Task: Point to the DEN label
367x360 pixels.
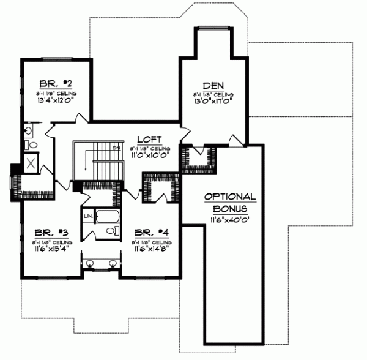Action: (x=212, y=86)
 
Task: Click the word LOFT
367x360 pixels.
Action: (x=149, y=138)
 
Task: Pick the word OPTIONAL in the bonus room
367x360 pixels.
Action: (x=229, y=197)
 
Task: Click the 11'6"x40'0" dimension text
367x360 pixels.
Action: (x=229, y=219)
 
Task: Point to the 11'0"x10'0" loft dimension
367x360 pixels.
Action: (x=149, y=155)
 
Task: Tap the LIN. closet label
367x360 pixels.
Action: (x=88, y=217)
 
